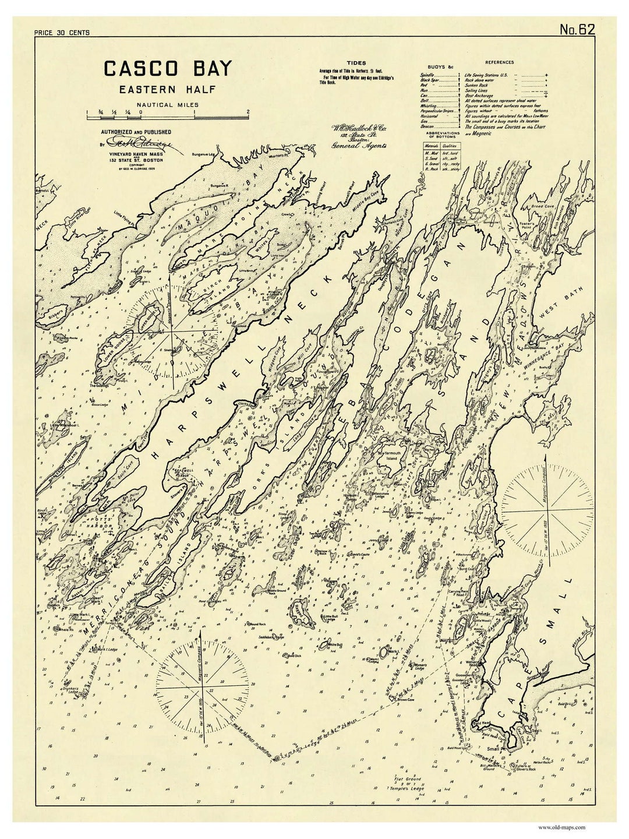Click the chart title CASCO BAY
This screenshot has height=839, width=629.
tap(167, 69)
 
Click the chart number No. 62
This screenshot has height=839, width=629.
tap(577, 30)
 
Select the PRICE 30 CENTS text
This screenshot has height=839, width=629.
tap(62, 33)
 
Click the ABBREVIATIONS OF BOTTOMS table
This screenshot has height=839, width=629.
tap(440, 156)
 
